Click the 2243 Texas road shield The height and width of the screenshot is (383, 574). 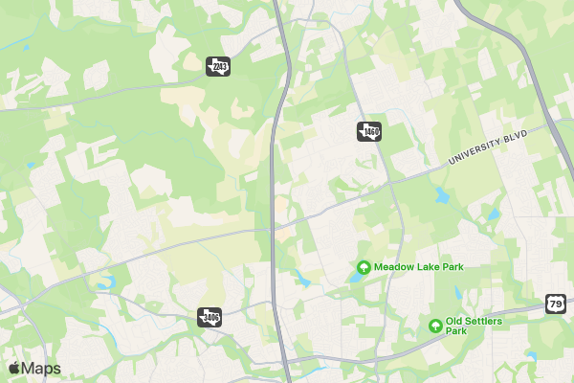pos(218,66)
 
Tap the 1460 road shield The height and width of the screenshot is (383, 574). pos(369,131)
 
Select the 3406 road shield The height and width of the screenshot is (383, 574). pos(210,316)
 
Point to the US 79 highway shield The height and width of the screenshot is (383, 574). pos(556,304)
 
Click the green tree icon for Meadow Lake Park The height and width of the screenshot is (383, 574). pos(364,266)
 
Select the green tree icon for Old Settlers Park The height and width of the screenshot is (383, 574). pos(436,326)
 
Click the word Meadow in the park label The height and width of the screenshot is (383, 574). pos(393,266)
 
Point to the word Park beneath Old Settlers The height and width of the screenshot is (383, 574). pos(456,331)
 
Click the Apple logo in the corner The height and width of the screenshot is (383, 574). pos(13,369)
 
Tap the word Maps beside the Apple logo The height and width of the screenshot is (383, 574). pos(41,369)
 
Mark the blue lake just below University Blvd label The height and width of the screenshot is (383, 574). pos(441,196)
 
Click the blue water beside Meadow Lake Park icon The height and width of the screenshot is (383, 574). pos(354,277)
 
